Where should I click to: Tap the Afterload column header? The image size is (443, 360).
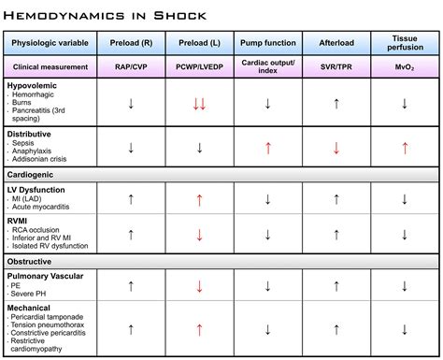(x=335, y=44)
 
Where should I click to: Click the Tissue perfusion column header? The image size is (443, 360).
(x=404, y=44)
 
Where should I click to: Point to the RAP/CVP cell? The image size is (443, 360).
(x=130, y=68)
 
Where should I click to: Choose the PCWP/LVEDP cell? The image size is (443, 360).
(x=198, y=68)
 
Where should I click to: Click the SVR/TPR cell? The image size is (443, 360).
(x=335, y=68)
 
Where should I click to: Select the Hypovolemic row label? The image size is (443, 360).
(x=35, y=85)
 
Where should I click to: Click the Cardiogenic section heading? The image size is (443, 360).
(x=35, y=174)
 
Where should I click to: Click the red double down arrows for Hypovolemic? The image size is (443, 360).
(x=198, y=104)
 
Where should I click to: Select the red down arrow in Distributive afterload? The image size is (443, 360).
(x=335, y=148)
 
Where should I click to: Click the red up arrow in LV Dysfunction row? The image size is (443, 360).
(x=198, y=198)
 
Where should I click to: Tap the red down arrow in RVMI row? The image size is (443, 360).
(x=198, y=235)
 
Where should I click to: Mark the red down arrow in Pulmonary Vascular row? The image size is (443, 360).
(x=198, y=285)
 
